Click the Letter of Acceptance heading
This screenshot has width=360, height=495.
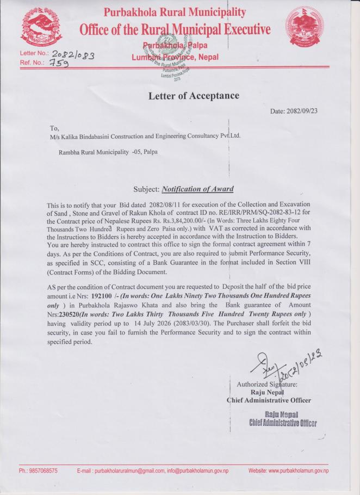(194, 96)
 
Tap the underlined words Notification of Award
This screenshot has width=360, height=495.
(197, 189)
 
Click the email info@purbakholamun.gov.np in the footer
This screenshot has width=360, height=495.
(197, 471)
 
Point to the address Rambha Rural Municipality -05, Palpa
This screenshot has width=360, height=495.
(108, 152)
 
